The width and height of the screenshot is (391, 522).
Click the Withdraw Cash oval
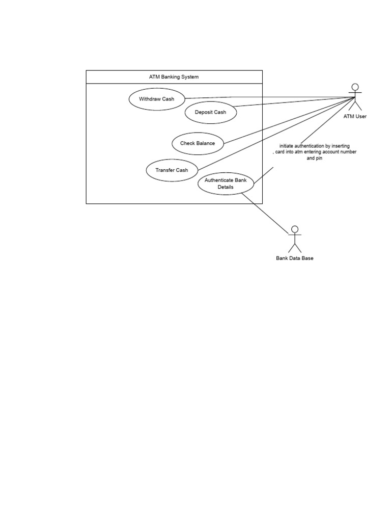(x=157, y=99)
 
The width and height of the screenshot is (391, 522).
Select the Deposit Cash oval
(x=210, y=112)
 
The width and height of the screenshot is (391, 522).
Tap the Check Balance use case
(x=198, y=143)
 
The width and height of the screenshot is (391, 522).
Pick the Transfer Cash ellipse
(x=172, y=170)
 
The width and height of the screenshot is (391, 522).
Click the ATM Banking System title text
(x=174, y=77)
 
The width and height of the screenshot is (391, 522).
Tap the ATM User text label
(x=355, y=117)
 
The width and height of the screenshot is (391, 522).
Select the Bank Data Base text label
(x=295, y=258)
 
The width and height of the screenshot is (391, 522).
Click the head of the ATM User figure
(x=355, y=87)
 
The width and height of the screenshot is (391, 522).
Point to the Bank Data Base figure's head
(x=294, y=229)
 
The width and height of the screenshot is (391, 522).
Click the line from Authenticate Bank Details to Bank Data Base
(x=265, y=214)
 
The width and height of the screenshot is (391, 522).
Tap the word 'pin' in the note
(x=319, y=159)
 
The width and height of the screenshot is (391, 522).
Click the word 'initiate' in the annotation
(x=288, y=146)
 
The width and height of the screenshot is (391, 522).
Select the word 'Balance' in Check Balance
(x=206, y=143)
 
